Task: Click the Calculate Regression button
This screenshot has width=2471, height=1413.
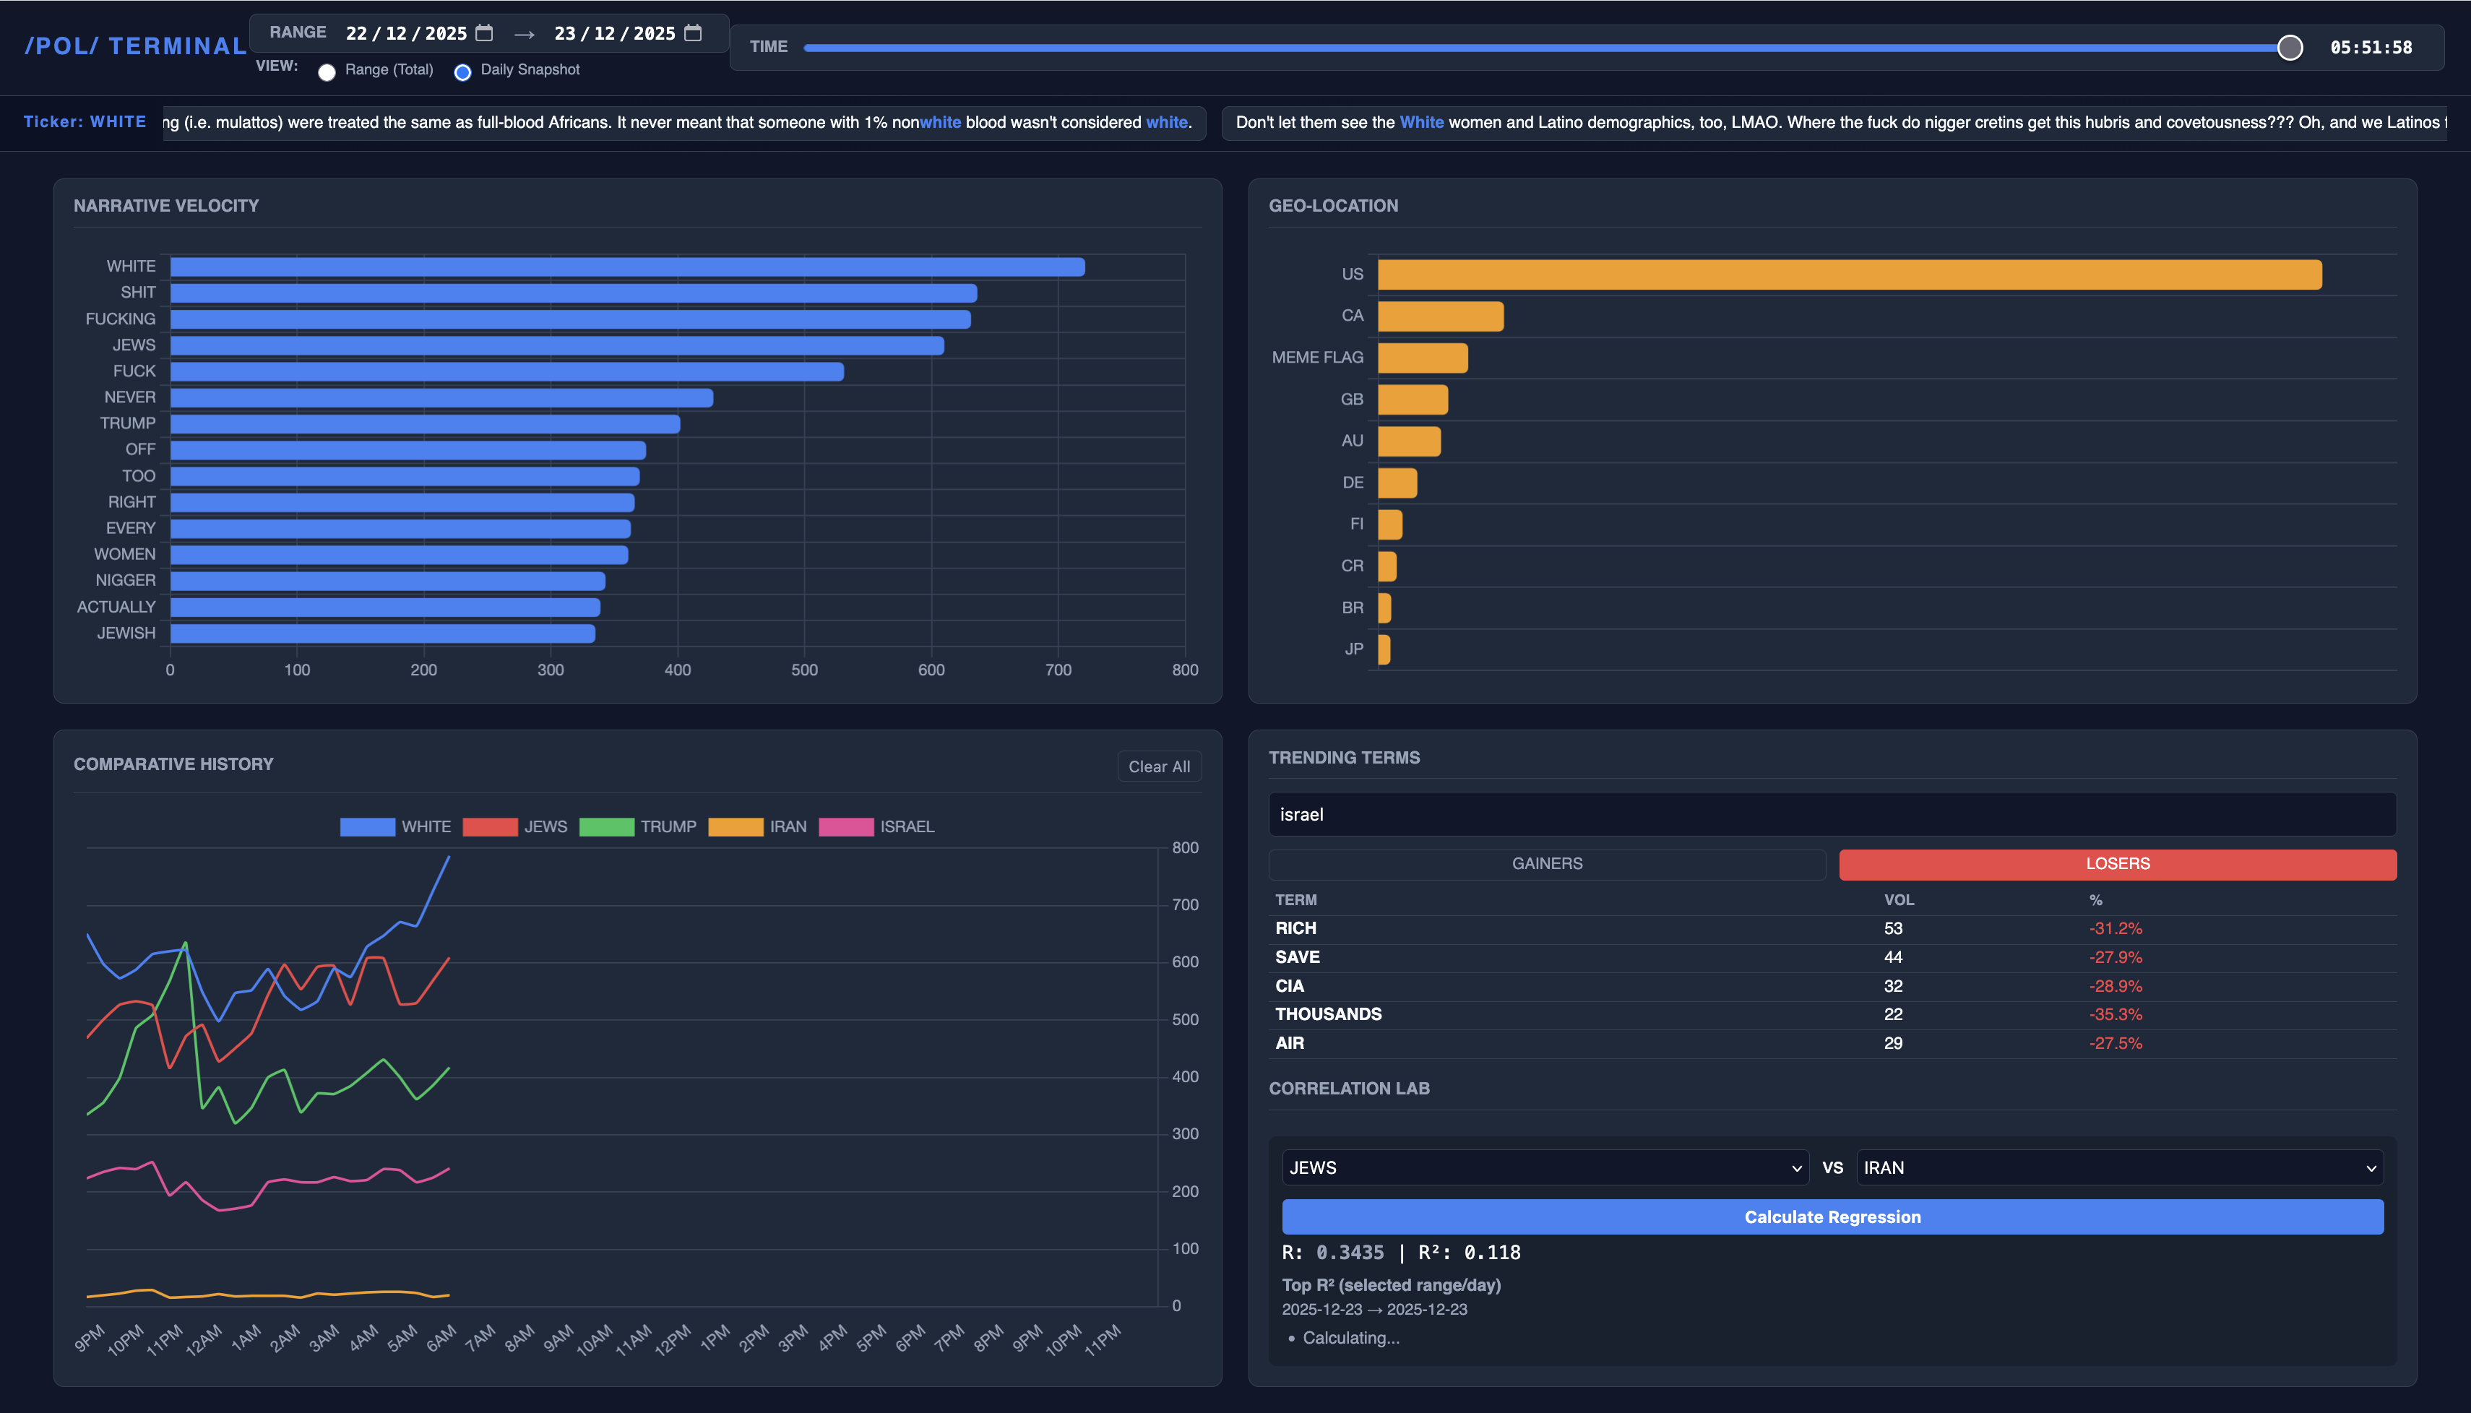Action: click(1832, 1217)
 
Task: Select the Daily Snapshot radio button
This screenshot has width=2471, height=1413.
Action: click(463, 72)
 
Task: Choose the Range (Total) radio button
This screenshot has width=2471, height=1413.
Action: click(327, 72)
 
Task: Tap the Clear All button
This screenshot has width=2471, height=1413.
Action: click(1159, 766)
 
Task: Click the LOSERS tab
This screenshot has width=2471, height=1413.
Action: click(2117, 864)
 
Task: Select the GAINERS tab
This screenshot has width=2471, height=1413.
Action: click(1546, 864)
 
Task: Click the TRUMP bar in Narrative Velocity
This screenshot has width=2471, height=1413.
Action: click(425, 424)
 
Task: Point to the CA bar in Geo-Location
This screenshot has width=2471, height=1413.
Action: click(1440, 316)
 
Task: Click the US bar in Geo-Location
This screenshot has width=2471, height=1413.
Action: click(1849, 275)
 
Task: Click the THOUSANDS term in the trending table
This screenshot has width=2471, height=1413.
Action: click(1328, 1014)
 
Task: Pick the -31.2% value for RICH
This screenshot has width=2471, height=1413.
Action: click(2115, 929)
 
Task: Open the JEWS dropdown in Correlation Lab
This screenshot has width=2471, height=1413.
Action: click(1545, 1167)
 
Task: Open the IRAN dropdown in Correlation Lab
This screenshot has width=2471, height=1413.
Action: click(2118, 1167)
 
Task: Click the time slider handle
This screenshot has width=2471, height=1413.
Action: click(2290, 48)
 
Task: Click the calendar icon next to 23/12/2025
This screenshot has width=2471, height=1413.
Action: click(693, 33)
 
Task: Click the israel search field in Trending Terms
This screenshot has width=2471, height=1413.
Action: click(1832, 814)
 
